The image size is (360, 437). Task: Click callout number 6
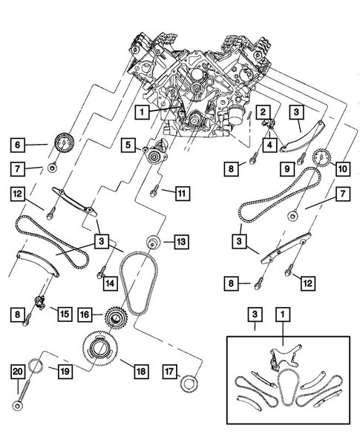click(18, 145)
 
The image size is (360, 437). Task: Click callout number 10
click(342, 168)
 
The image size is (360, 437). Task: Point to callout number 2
click(263, 111)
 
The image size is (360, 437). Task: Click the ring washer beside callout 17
click(190, 384)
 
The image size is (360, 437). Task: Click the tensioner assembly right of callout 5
click(157, 157)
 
